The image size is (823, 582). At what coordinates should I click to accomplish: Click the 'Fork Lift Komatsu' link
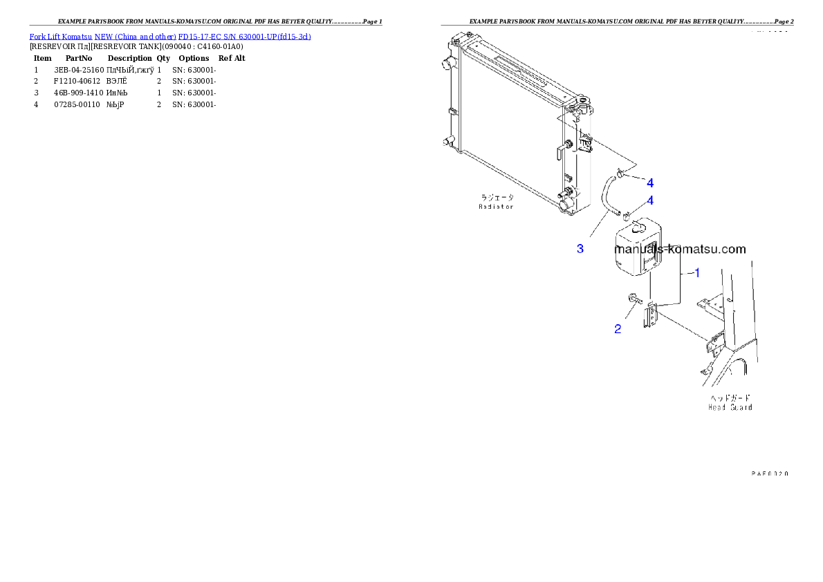click(61, 36)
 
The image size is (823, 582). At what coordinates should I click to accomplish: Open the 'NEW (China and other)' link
click(135, 36)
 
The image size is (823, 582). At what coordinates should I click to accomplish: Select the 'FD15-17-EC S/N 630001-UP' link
click(224, 36)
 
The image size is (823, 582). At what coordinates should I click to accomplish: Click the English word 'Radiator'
click(497, 206)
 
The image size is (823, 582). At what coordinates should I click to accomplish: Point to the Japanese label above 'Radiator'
click(497, 197)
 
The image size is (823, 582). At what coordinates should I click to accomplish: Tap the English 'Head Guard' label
click(730, 407)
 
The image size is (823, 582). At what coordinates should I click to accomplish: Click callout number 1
click(697, 273)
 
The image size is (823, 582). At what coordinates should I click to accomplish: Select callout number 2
click(618, 329)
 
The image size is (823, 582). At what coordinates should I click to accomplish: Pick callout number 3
click(580, 249)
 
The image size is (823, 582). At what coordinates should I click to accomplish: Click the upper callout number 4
click(650, 183)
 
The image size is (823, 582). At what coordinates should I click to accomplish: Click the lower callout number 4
click(650, 200)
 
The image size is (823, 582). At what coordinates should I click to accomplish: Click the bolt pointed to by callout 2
click(634, 299)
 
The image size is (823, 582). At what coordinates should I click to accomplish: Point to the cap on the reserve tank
click(636, 226)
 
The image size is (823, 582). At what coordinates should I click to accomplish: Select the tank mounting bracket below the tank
click(651, 319)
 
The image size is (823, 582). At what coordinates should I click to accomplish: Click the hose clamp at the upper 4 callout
click(620, 173)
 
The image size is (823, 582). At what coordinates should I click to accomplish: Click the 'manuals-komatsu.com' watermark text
click(680, 250)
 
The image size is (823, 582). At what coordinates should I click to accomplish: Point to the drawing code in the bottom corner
click(770, 473)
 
